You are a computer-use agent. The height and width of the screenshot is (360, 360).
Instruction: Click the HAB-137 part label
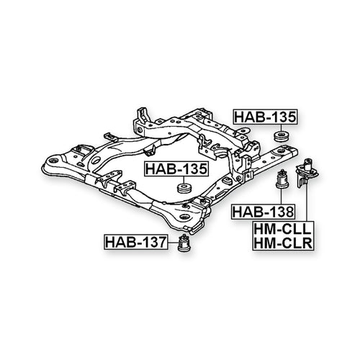click(x=135, y=242)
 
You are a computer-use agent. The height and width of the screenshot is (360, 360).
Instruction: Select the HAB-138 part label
click(x=264, y=212)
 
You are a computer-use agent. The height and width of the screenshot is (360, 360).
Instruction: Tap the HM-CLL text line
click(x=283, y=228)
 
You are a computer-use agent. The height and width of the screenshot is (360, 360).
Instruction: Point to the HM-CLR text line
click(x=283, y=243)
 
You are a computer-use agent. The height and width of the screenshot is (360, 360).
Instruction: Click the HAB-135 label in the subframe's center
click(x=176, y=169)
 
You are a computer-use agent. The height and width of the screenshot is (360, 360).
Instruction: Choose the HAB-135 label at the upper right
click(x=265, y=117)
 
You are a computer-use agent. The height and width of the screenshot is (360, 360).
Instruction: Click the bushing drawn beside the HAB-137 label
click(x=184, y=243)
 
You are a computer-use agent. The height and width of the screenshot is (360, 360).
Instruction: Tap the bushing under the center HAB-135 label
click(x=184, y=188)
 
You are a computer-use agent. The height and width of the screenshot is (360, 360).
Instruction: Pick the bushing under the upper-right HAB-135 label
click(x=282, y=136)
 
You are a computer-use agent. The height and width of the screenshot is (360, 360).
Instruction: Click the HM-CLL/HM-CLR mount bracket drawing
click(x=307, y=172)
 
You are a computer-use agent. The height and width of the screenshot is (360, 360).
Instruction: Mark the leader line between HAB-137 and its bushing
click(x=173, y=243)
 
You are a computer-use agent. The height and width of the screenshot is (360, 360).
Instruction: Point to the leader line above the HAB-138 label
click(x=281, y=197)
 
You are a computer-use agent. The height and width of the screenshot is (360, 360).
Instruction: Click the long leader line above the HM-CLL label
click(x=307, y=203)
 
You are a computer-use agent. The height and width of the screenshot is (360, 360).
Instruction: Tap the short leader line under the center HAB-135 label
click(x=184, y=180)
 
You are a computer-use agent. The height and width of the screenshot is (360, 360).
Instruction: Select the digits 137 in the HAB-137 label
click(x=153, y=242)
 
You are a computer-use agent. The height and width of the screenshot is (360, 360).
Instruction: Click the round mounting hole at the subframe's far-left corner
click(x=53, y=159)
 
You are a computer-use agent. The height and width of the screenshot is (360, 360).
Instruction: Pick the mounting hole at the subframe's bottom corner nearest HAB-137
click(x=184, y=217)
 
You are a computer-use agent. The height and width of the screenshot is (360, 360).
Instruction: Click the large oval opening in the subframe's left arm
click(x=96, y=160)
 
